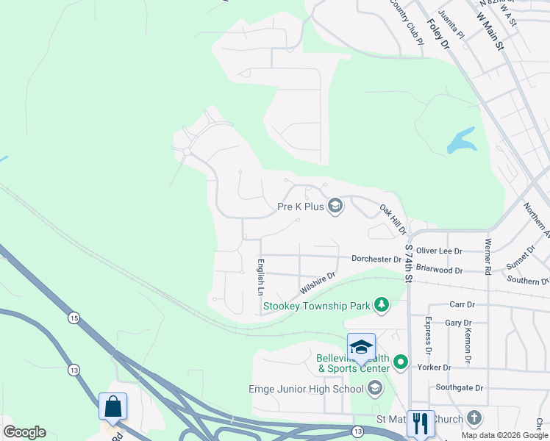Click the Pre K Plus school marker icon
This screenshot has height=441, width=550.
335,206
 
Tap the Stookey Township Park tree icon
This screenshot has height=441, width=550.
381,304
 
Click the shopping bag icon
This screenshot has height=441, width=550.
113,406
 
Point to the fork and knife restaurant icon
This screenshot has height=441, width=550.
421,423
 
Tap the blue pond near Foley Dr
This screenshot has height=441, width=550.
460,141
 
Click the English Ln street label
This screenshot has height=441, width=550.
260,276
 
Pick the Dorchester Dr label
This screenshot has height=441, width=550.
376,259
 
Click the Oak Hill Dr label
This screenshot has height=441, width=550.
393,220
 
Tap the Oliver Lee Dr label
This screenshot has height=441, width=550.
440,251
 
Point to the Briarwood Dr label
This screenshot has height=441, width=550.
439,270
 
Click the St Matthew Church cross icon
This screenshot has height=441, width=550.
474,418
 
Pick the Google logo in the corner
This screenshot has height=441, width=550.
24,432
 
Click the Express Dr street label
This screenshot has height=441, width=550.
428,332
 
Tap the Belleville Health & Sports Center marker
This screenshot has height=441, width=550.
401,362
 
